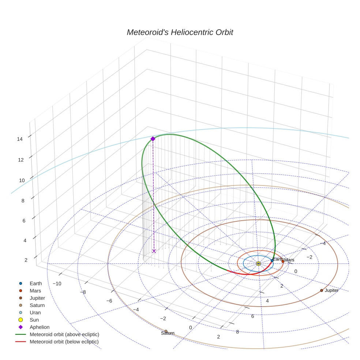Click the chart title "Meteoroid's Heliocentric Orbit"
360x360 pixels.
[x=180, y=32]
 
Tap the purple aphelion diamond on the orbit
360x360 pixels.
[x=153, y=139]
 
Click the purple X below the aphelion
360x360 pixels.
[x=154, y=251]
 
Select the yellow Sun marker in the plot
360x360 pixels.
[x=258, y=263]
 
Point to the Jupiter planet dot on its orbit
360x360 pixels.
[x=322, y=290]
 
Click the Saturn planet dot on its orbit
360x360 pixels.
[x=166, y=331]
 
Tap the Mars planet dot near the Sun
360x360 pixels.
[x=283, y=261]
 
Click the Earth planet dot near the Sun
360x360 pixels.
[x=272, y=260]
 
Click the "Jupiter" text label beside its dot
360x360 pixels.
[x=331, y=290]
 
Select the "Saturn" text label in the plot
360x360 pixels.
[x=168, y=333]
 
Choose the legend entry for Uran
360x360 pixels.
[x=35, y=312]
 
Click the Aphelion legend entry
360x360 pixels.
[x=39, y=327]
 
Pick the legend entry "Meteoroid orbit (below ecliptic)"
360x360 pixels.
[x=64, y=342]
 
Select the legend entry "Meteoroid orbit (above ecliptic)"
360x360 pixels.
[x=64, y=334]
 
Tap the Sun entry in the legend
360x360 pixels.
[x=34, y=320]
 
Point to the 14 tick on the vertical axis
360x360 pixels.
[x=20, y=139]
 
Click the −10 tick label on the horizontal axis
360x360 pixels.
[x=57, y=284]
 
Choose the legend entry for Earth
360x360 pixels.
[x=35, y=283]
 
